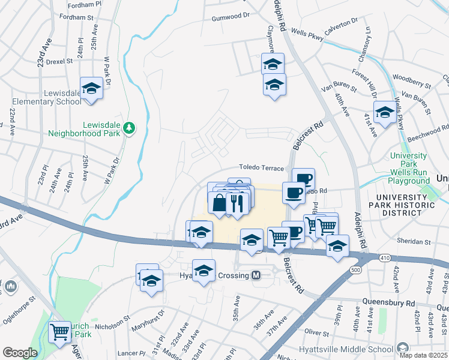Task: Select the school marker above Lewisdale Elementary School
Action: pyautogui.click(x=91, y=89)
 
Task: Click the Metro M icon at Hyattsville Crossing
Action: pyautogui.click(x=256, y=275)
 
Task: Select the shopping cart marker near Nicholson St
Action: pyautogui.click(x=59, y=331)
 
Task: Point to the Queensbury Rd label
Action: pyautogui.click(x=388, y=303)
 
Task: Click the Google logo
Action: pyautogui.click(x=19, y=353)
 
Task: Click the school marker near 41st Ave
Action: pyautogui.click(x=385, y=112)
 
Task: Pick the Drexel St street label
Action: pyautogui.click(x=59, y=61)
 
